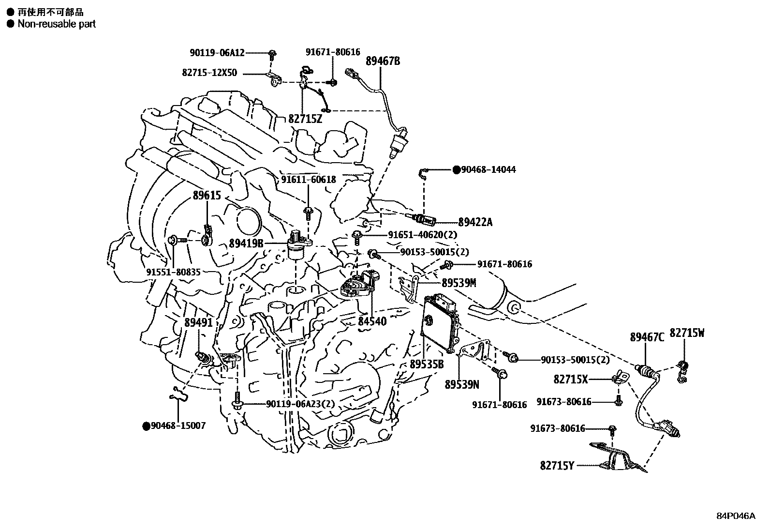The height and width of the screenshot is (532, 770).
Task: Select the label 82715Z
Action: click(x=305, y=119)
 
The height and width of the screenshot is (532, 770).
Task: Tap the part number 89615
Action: click(x=207, y=196)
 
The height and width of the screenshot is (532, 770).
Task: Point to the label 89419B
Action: click(x=246, y=243)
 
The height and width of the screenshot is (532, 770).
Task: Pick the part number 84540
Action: click(x=372, y=320)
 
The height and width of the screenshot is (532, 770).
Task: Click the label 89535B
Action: click(x=427, y=364)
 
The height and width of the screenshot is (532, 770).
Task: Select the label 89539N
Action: click(x=462, y=384)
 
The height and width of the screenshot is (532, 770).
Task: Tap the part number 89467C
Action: click(x=647, y=337)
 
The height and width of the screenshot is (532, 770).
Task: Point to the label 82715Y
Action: click(x=557, y=466)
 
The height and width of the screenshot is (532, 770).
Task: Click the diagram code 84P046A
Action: click(x=736, y=516)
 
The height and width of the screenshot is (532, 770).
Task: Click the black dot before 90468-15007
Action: click(x=146, y=426)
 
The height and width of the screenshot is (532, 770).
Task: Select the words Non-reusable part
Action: click(x=57, y=24)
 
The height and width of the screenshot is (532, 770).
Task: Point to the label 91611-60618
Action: click(x=308, y=180)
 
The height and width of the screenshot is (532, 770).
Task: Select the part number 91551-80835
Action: click(x=173, y=273)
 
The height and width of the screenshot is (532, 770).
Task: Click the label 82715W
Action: click(x=687, y=334)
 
